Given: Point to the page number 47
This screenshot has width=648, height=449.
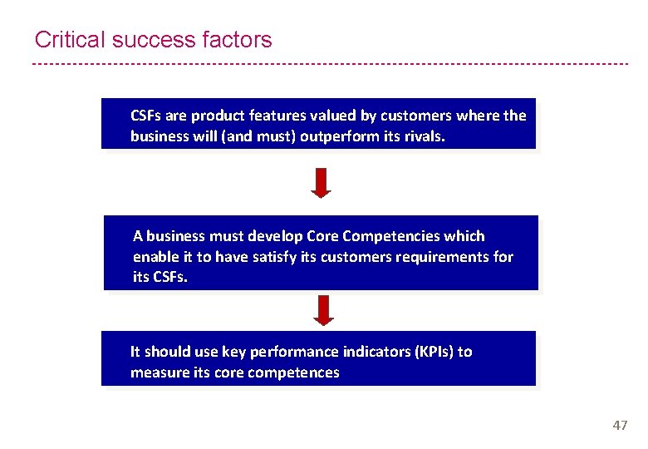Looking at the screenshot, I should point(620,425).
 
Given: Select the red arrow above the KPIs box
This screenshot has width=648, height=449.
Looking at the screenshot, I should point(325,310).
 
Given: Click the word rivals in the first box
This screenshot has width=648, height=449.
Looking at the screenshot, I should point(425,136).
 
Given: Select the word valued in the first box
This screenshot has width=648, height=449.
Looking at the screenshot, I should point(322,116).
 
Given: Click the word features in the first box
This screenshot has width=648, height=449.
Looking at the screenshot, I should point(271,116).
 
